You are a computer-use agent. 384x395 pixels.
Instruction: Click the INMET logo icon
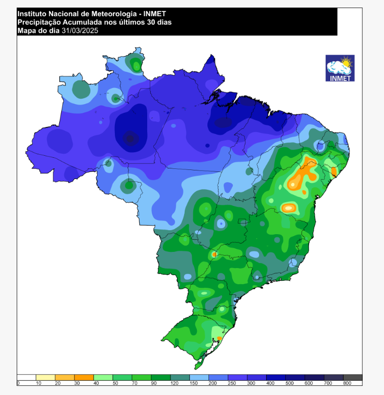(339, 68)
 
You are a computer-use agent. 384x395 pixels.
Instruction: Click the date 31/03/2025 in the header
(80, 31)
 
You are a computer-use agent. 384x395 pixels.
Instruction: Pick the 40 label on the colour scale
(96, 383)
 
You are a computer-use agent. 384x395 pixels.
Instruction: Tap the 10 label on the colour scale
(38, 383)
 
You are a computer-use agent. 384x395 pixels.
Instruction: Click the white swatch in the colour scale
(26, 377)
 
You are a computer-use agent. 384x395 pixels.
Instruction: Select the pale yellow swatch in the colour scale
(46, 377)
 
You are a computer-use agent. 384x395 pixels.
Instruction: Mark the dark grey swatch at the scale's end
(353, 377)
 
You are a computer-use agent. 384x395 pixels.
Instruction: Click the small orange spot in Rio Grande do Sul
(219, 338)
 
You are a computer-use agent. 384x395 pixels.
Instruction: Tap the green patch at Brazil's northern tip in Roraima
(136, 64)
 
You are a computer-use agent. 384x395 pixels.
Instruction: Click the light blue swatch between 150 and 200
(199, 377)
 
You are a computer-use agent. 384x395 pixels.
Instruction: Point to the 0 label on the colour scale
(18, 383)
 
